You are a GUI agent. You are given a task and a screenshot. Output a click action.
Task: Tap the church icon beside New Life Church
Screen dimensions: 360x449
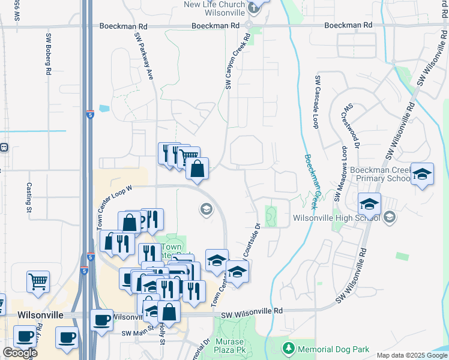(x=254, y=7)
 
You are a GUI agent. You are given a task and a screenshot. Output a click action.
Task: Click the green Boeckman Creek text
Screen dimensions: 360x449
(x=313, y=178)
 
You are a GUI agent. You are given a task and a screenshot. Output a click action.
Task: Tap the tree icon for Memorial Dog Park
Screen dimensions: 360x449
(x=288, y=348)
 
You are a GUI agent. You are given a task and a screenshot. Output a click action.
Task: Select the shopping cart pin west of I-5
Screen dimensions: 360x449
(x=38, y=281)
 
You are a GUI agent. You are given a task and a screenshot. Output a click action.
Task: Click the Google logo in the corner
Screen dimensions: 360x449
(x=20, y=353)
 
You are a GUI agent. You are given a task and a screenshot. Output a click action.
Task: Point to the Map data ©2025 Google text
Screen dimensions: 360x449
(x=411, y=355)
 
